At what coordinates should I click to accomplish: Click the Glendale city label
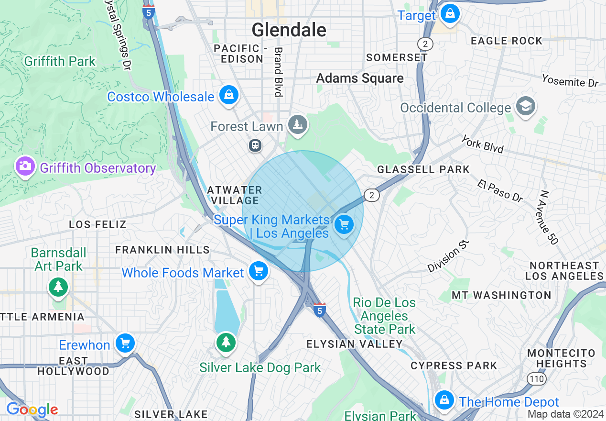[289, 30]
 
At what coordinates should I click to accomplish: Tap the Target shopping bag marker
[450, 14]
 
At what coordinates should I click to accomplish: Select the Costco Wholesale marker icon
[229, 95]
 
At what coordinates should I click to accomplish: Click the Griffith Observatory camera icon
[25, 166]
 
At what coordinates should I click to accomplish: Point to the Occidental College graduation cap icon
[526, 106]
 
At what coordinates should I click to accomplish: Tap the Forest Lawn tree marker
[298, 125]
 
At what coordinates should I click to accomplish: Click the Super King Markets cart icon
[344, 224]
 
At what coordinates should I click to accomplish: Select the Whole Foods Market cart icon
[259, 271]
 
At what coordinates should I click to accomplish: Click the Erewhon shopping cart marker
[125, 343]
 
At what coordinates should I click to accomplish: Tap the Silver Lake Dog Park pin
[226, 343]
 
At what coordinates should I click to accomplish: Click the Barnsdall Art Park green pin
[58, 287]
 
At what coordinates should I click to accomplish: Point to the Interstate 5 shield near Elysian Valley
[320, 310]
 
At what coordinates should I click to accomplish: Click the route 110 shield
[534, 378]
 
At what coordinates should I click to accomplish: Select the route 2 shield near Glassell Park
[371, 195]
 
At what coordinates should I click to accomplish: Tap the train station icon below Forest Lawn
[255, 145]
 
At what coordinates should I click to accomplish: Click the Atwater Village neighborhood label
[235, 195]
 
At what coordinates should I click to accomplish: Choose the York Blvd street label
[483, 144]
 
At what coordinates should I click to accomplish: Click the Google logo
[32, 410]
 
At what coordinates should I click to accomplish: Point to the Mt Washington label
[501, 295]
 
